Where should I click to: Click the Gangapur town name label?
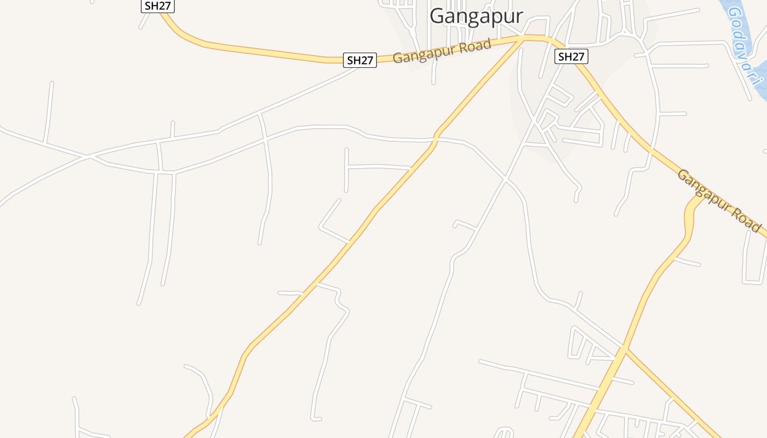click(476, 16)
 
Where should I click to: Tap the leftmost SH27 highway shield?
click(158, 6)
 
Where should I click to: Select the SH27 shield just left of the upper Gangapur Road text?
click(360, 60)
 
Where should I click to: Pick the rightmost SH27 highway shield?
click(571, 56)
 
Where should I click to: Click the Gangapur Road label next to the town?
click(442, 51)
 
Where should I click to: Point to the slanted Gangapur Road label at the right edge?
click(719, 200)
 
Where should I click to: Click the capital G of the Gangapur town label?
click(437, 16)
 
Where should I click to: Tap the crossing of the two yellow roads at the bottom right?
click(624, 349)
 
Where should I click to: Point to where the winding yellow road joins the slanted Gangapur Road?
click(698, 197)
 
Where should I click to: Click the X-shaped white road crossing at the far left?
click(89, 157)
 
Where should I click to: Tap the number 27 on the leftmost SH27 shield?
click(164, 6)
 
